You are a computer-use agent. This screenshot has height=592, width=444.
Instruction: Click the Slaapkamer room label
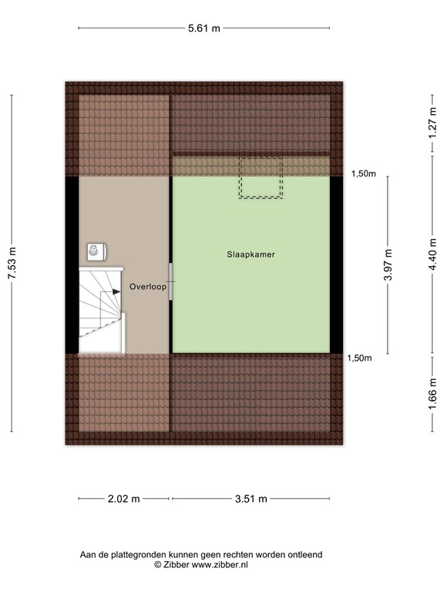tap(251, 254)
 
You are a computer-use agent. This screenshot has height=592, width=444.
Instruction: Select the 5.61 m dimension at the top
tap(204, 29)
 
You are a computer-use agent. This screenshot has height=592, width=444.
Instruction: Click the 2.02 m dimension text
tap(124, 499)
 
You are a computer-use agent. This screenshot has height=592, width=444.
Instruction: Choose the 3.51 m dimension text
tap(251, 499)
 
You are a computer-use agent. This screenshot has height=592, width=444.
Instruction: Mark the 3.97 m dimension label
tap(388, 264)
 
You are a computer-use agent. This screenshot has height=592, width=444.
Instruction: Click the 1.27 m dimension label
tap(434, 123)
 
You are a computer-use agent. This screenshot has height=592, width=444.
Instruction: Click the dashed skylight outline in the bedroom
tap(260, 178)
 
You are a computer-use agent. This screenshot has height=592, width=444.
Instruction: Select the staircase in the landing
tap(100, 309)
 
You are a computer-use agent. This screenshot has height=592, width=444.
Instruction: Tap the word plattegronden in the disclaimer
tap(143, 554)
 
